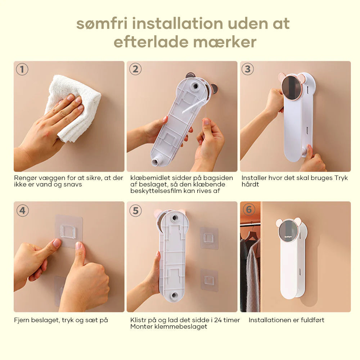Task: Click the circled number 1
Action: coord(22,69)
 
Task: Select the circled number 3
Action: coord(248,69)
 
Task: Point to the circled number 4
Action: coord(22,211)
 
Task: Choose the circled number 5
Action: coord(135,211)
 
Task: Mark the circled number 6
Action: coord(249,210)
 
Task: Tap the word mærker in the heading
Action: coord(225,42)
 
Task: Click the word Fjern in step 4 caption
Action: coord(22,320)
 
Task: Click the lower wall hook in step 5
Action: coord(209,280)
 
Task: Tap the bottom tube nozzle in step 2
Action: coord(156,160)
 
